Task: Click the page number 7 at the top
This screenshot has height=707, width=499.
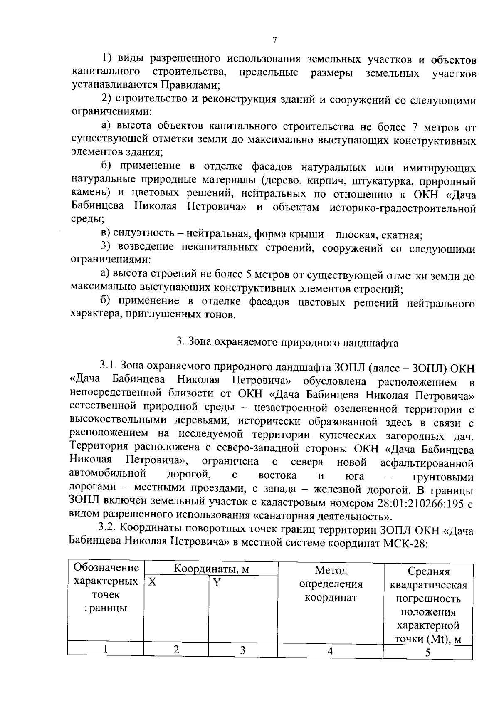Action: pyautogui.click(x=274, y=40)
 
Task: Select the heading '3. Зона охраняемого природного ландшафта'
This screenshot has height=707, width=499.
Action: pyautogui.click(x=287, y=342)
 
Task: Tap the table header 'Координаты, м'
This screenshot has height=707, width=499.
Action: pyautogui.click(x=211, y=569)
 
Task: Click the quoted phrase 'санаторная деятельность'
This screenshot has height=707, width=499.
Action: pyautogui.click(x=322, y=516)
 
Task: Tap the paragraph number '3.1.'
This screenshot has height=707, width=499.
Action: pyautogui.click(x=109, y=366)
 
